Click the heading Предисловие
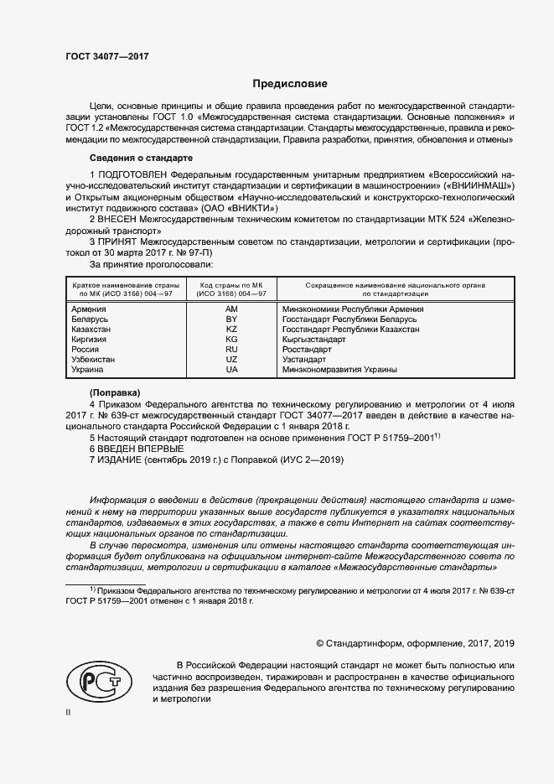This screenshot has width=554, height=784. click(291, 84)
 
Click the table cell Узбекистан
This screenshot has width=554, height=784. click(93, 360)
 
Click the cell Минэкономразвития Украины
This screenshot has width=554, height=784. click(339, 370)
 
